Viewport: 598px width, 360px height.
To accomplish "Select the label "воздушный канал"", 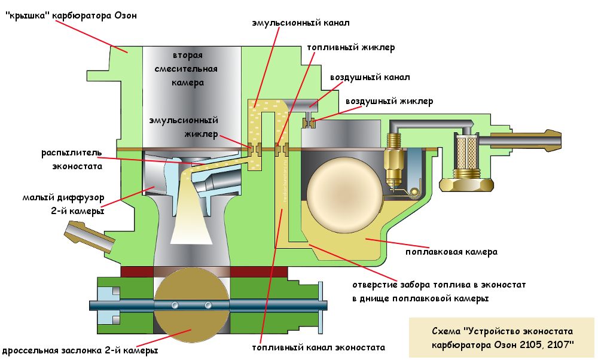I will (x=370, y=78).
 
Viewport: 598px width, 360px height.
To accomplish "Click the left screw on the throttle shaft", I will (x=175, y=306).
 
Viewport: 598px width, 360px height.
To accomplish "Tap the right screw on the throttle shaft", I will (x=208, y=306).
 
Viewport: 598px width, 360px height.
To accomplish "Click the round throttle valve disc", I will (x=191, y=306).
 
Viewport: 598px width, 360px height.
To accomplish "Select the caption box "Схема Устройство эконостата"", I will (x=502, y=338).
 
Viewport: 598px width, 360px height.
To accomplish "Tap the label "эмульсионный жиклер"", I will (x=184, y=126).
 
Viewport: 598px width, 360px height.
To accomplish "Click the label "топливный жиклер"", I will (x=350, y=47).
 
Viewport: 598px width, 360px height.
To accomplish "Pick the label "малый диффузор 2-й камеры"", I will (x=63, y=203).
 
